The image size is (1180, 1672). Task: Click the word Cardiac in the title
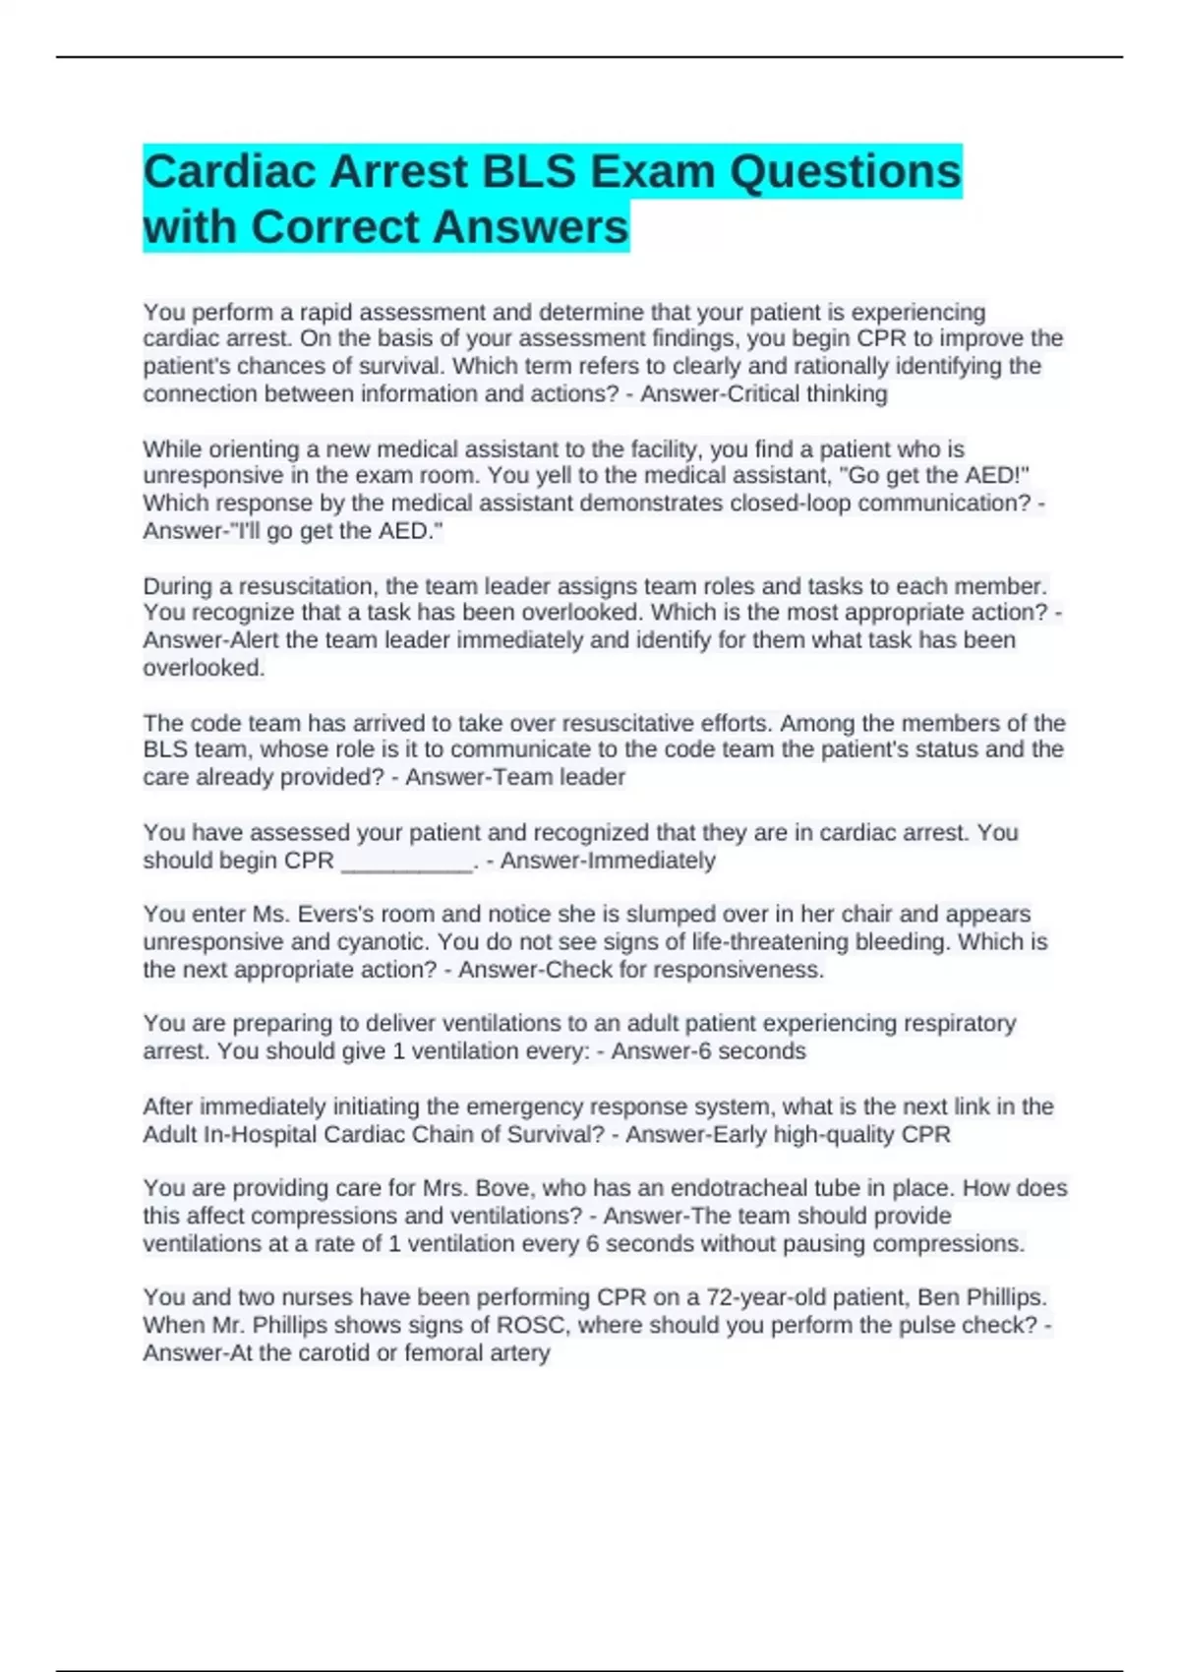point(230,172)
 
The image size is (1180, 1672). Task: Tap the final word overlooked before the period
point(203,668)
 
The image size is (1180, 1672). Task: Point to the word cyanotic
point(378,941)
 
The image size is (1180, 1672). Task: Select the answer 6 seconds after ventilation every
point(750,1051)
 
